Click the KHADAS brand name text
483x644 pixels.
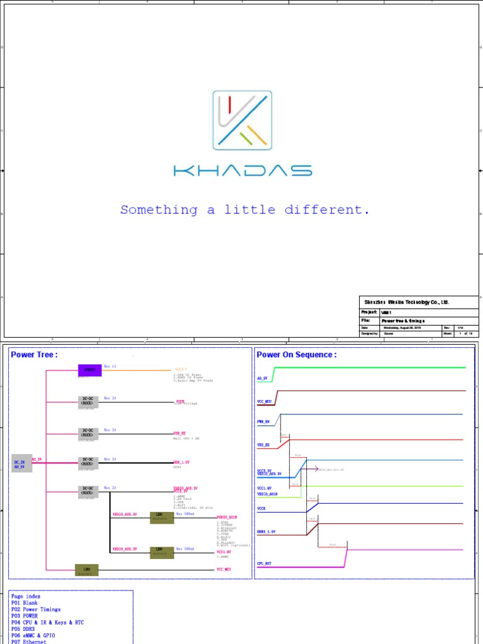pos(242,170)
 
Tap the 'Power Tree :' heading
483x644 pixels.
pos(34,355)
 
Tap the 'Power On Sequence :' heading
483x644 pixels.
pos(296,355)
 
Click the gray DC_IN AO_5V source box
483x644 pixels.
pos(21,463)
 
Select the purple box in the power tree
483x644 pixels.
pos(89,370)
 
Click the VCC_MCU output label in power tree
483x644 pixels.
pos(225,569)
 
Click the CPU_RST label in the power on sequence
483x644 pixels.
pos(264,563)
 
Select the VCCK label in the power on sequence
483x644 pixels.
pos(262,508)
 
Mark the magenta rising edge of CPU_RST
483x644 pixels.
pos(347,557)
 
